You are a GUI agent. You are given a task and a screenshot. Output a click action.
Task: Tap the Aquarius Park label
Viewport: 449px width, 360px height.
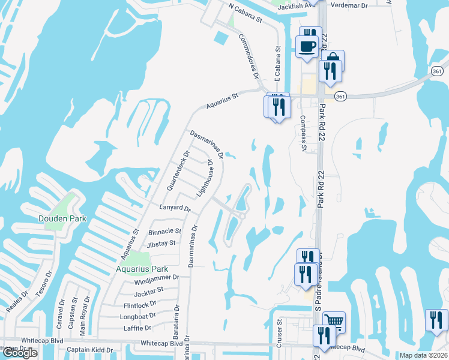142,269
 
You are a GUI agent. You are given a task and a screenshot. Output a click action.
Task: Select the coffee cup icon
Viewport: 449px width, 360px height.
308,46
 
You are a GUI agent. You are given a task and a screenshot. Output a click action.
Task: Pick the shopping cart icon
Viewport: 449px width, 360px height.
334,320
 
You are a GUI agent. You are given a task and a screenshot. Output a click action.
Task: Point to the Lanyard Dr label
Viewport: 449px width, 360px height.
175,209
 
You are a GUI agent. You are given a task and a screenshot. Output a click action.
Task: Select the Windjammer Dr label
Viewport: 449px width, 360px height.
157,277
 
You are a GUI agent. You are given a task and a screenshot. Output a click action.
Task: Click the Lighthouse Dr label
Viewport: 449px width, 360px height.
206,179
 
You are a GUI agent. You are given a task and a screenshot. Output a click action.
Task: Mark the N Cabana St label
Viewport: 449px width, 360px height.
246,13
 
